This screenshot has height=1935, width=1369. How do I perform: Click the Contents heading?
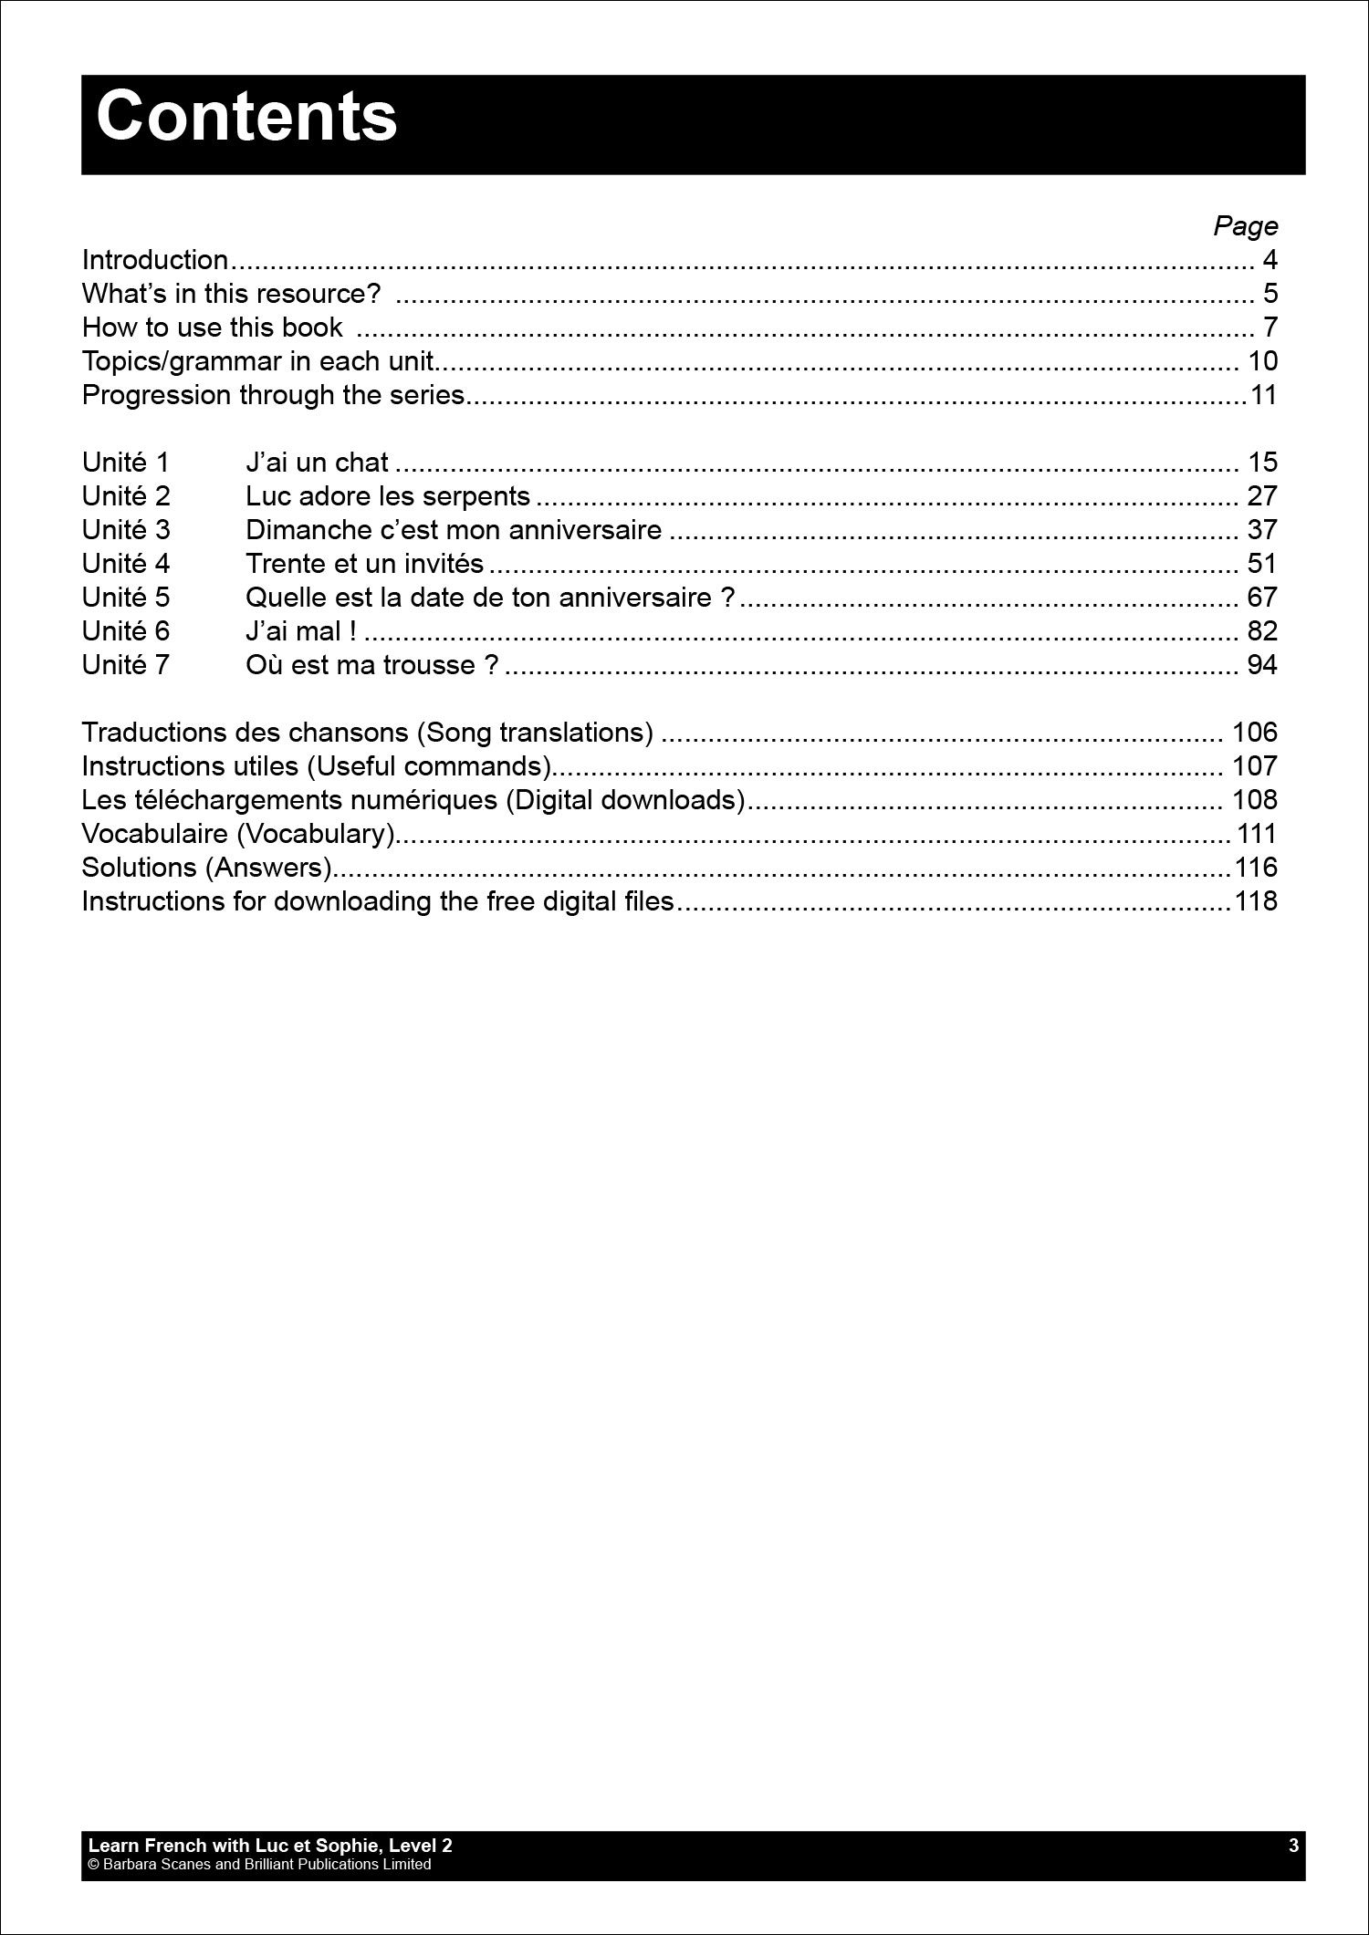pos(246,118)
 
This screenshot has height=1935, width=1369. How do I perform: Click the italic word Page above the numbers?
pos(1245,225)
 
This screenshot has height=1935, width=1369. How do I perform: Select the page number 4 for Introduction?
pos(1270,260)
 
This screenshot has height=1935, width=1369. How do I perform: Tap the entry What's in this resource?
pos(231,294)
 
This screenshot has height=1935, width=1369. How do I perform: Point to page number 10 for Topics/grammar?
pos(1262,361)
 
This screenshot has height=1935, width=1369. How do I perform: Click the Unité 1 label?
pos(126,463)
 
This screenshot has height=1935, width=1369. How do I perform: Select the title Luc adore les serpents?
pos(388,496)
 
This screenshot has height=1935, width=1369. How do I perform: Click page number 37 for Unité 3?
pos(1262,530)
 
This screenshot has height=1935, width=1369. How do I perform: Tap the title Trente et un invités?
pos(364,564)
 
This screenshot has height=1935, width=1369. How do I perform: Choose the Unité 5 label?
pos(126,598)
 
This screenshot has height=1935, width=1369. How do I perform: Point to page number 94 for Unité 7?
pos(1262,665)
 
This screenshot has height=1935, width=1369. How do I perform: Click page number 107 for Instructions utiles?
pos(1255,766)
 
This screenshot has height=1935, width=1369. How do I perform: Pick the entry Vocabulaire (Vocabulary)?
pos(238,834)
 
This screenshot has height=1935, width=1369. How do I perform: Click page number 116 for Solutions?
pos(1256,868)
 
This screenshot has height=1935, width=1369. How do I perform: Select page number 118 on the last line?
pos(1256,901)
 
